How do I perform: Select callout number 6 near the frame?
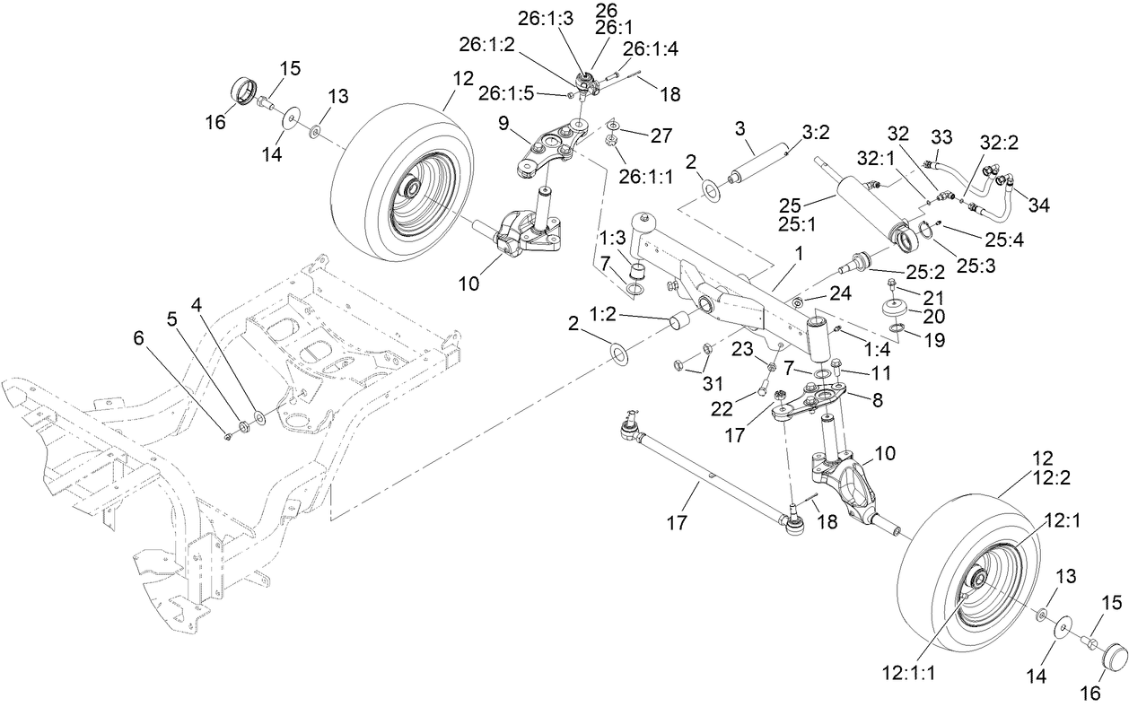point(138,338)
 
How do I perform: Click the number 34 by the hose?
point(1038,205)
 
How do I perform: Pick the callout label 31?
point(712,384)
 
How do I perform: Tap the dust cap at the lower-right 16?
point(1112,656)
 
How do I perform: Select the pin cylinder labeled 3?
point(757,165)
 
